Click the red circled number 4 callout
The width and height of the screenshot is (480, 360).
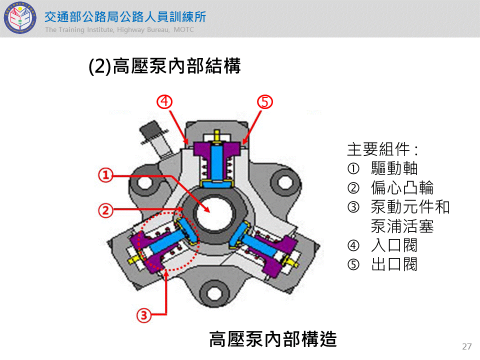click(165, 101)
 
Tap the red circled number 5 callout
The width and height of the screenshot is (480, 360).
click(265, 101)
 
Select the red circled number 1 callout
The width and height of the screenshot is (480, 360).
click(105, 175)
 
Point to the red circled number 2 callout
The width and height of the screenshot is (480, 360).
click(105, 210)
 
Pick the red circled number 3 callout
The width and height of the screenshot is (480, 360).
click(144, 315)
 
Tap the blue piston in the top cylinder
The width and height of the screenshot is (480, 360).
click(217, 160)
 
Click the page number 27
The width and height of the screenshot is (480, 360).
click(467, 346)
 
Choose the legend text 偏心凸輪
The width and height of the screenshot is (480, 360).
click(402, 187)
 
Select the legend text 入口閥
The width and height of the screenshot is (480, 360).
click(394, 245)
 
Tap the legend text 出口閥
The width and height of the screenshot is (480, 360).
click(394, 264)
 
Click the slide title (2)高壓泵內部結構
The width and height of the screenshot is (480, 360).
click(164, 66)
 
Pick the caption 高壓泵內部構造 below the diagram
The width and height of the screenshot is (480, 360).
click(273, 339)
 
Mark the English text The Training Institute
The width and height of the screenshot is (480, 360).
click(79, 29)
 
